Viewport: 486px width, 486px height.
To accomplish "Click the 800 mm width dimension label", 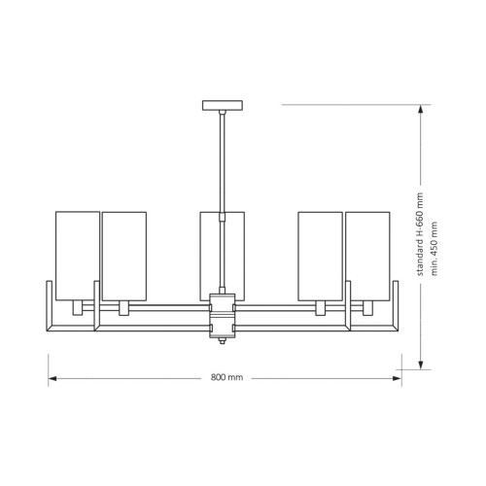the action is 226,377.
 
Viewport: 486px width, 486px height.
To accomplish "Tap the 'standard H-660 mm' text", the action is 420,234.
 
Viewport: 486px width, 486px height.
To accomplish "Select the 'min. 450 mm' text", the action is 434,249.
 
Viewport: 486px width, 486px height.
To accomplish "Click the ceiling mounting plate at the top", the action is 223,105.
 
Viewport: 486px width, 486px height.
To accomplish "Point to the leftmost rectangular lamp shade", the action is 78,256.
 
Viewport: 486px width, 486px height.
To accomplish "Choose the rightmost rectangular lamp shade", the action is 367,256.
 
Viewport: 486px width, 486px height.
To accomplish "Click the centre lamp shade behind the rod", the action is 223,256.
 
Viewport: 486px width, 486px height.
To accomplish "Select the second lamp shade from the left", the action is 124,256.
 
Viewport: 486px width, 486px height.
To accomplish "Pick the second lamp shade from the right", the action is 321,256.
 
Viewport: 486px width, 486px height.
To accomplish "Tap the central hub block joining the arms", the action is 223,315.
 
